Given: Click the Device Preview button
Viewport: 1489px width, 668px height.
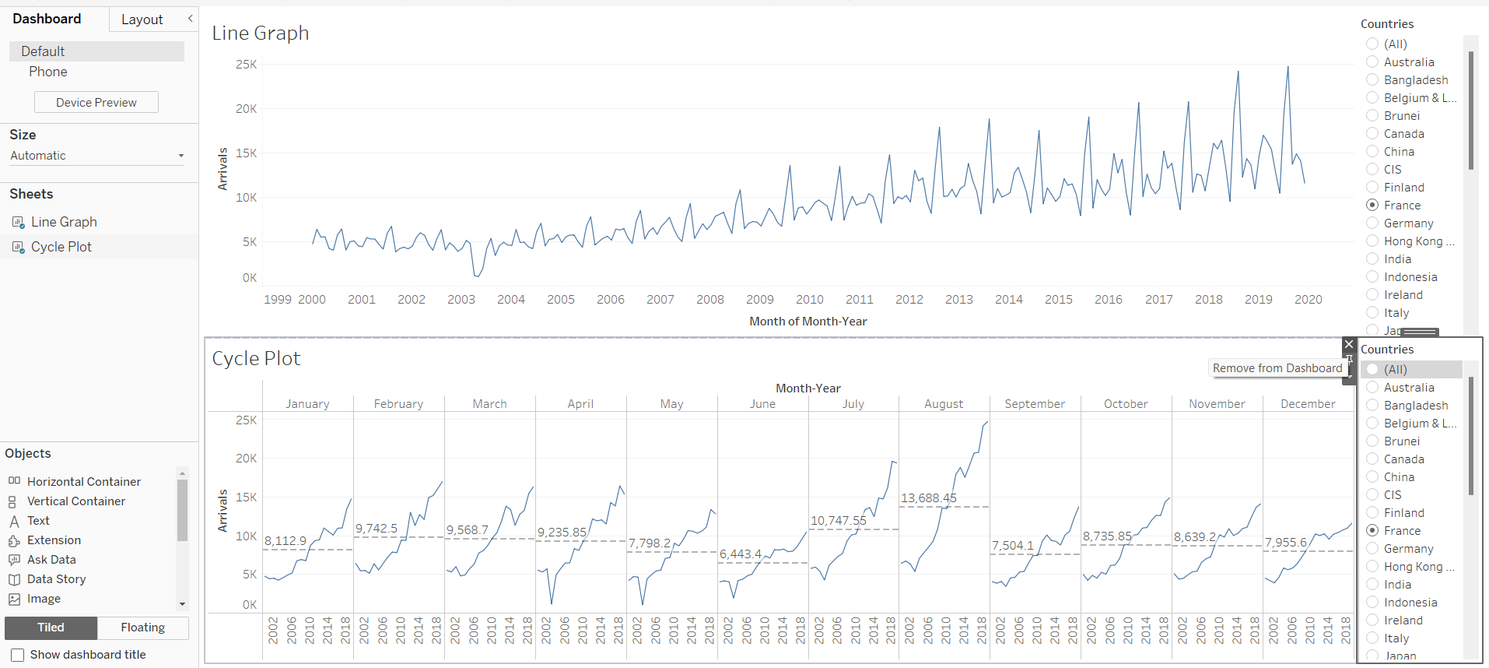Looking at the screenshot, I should tap(96, 102).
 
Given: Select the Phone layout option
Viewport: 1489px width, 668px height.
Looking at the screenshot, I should tap(48, 72).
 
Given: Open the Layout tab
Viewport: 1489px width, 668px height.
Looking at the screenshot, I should tap(142, 19).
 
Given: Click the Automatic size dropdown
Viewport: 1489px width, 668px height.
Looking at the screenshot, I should tap(96, 156).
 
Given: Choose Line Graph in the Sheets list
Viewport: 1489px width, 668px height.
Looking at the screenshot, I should tap(64, 222).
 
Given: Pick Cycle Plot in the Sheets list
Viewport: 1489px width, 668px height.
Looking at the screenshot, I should tap(61, 247).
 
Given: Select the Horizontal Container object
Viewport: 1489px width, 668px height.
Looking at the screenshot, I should tap(83, 481).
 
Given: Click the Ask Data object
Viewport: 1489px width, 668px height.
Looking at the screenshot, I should tap(51, 559).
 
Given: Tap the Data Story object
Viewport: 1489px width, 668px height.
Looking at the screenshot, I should tap(56, 578).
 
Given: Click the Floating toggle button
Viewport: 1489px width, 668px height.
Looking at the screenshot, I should tap(142, 628).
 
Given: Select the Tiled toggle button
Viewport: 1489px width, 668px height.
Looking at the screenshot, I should tap(51, 628).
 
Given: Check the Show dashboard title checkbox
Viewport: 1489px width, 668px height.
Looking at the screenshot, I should tap(18, 655).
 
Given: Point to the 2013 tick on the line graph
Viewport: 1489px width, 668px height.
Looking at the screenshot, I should tap(958, 299).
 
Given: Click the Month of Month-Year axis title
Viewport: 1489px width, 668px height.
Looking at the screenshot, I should tap(808, 321).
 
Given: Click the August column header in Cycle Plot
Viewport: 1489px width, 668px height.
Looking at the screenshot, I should tap(943, 403).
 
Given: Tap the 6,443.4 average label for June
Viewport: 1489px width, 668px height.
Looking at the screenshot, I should tap(740, 554).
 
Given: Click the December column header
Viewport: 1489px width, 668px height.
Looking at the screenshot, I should tap(1307, 403).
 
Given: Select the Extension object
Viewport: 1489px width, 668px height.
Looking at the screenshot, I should tap(54, 540).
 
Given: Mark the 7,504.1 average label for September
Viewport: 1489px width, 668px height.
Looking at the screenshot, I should tap(1012, 546).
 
